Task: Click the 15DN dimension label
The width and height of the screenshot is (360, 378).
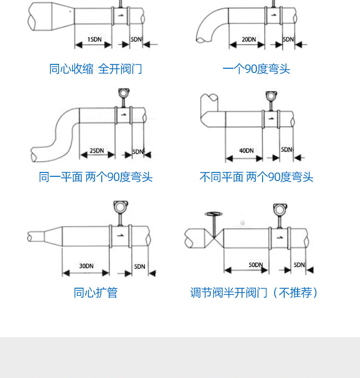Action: point(94,39)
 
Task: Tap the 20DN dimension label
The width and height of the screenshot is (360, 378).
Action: point(248,39)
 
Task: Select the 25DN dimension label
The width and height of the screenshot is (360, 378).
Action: point(96,150)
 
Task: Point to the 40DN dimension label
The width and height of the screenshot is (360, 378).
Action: point(246,150)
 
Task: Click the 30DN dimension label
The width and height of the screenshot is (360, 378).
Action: point(86,266)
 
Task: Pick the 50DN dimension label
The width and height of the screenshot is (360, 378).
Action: point(255,265)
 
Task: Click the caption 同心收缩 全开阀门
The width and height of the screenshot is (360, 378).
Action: point(96,69)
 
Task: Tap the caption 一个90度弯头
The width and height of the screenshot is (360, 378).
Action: point(256,69)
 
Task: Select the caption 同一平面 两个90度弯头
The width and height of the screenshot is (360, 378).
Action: point(96,177)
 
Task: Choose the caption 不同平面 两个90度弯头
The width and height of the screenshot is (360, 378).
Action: point(256,177)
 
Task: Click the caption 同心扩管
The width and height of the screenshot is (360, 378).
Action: point(96,293)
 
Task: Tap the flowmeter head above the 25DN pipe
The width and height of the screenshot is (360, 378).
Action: point(123,93)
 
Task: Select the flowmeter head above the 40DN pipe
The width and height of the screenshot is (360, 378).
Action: point(271,96)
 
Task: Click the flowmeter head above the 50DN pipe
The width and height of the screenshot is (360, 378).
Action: point(278,210)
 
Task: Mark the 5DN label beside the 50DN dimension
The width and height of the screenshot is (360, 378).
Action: point(299,265)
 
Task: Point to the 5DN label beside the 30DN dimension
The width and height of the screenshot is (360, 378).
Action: point(139,266)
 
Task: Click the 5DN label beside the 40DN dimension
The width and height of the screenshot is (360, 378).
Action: point(287,149)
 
